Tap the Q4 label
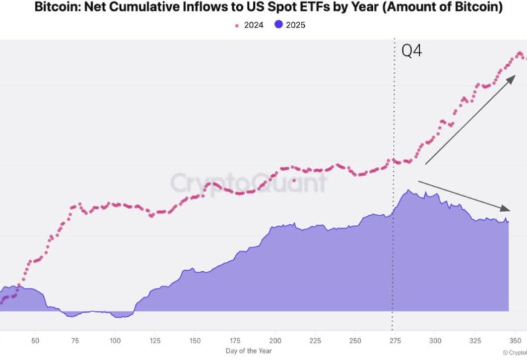(x=412, y=51)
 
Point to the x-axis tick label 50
(x=35, y=340)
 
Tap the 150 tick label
(x=195, y=340)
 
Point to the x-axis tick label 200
(x=275, y=340)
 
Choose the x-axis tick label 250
(x=355, y=340)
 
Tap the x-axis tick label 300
(x=435, y=340)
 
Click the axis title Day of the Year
(x=247, y=351)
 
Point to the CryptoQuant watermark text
(x=248, y=183)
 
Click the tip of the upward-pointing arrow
(x=515, y=76)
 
